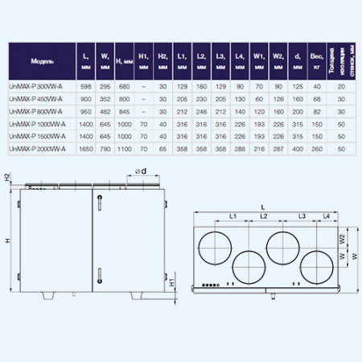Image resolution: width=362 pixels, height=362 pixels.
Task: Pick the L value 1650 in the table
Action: [x=85, y=150]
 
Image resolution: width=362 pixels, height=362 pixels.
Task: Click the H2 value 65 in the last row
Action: [x=162, y=150]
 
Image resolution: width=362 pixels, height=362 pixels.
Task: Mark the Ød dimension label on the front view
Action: [x=139, y=171]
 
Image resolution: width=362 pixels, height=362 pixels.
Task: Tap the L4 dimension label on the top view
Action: [x=325, y=217]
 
